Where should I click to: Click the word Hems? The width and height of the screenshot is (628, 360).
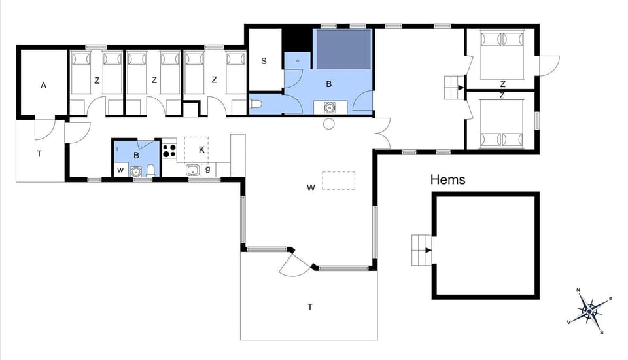click(448, 179)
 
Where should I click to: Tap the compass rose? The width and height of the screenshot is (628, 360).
click(591, 310)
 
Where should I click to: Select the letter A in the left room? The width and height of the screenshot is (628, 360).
click(44, 85)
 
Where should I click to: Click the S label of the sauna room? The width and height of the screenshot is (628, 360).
click(264, 62)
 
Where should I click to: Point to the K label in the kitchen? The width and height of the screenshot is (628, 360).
click(202, 150)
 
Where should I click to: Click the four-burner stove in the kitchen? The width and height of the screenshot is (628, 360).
click(169, 151)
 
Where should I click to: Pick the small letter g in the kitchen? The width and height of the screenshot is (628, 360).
click(208, 170)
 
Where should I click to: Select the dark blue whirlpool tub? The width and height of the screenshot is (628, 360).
click(344, 49)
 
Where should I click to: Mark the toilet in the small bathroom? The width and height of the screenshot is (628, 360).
click(151, 170)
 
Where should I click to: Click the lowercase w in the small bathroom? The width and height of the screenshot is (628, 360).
click(120, 170)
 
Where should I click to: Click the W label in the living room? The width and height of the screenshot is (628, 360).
click(311, 188)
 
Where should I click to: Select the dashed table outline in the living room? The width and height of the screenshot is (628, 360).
click(339, 181)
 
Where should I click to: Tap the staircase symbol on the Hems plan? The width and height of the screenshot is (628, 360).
click(421, 249)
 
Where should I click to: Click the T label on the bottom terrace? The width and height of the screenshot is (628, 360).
click(310, 306)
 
